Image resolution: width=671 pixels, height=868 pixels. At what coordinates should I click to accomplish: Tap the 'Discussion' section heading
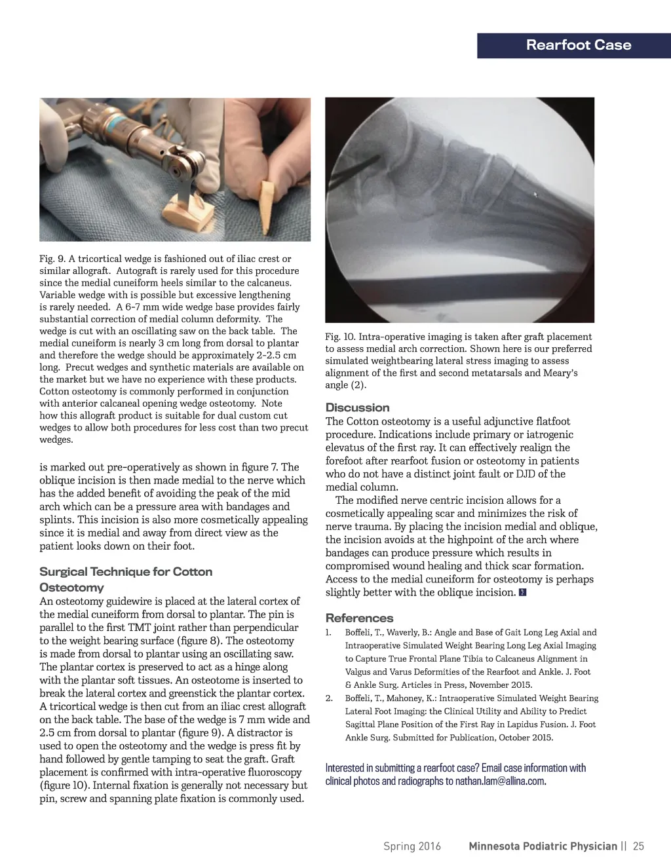click(357, 407)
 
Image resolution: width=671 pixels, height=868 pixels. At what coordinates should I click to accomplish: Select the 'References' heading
click(359, 618)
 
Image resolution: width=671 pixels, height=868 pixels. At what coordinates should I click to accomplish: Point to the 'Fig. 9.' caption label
click(52, 259)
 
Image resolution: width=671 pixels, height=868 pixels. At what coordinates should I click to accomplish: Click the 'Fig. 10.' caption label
click(340, 337)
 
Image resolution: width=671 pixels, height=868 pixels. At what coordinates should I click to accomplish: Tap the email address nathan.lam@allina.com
click(499, 781)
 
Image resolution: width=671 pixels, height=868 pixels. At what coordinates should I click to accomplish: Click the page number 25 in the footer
click(638, 846)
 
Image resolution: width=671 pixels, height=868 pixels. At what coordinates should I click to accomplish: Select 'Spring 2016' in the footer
click(412, 846)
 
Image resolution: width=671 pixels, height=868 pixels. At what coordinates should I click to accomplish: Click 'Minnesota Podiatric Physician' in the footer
click(543, 846)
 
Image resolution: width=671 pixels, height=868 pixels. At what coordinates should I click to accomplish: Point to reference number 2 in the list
click(329, 698)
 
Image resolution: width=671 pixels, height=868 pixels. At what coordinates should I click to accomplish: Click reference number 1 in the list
click(328, 633)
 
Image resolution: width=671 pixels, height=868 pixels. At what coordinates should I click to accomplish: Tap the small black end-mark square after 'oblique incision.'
click(522, 593)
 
